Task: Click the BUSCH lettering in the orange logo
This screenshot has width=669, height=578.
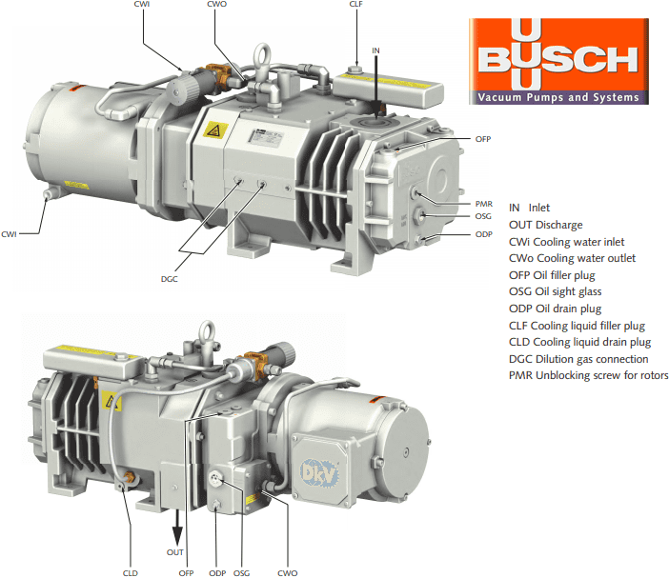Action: pos(558,60)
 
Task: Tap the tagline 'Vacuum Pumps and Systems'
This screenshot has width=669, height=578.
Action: pos(558,97)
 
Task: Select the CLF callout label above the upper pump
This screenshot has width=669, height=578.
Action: pos(355,4)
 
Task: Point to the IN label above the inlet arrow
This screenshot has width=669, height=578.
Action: pos(375,50)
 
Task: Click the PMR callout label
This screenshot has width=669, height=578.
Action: pos(484,204)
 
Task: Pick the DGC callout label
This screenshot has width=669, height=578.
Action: pos(169,279)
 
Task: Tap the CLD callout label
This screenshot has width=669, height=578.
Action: pos(131,573)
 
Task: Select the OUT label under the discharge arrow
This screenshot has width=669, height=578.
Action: pos(175,552)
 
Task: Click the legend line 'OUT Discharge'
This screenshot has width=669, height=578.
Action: pos(546,225)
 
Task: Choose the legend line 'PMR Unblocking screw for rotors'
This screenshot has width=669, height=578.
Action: pos(588,375)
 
